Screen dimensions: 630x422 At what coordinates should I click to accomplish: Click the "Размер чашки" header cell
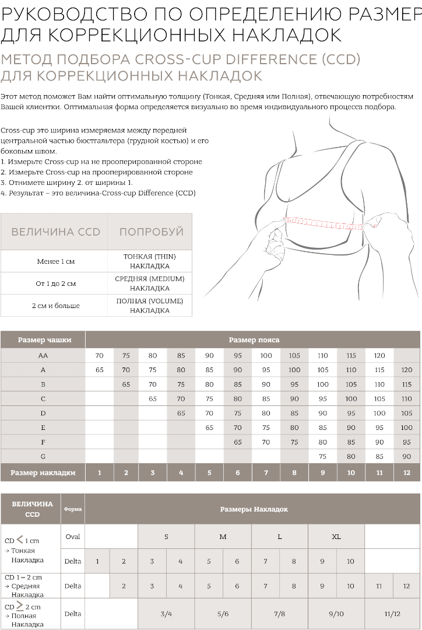click(x=44, y=339)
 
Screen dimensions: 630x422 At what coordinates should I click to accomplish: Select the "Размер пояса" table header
click(x=254, y=339)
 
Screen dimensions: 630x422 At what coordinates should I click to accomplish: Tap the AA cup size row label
click(x=43, y=355)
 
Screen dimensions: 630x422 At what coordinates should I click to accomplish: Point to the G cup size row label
click(x=43, y=456)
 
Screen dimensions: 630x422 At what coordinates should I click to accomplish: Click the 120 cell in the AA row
click(x=379, y=355)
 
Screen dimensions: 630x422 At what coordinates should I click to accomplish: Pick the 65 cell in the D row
click(x=181, y=413)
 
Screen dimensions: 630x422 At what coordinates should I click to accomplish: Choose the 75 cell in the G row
click(x=322, y=456)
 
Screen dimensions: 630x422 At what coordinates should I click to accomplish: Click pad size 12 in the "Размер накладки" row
click(x=407, y=473)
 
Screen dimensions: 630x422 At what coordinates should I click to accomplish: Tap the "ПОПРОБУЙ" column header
click(x=151, y=232)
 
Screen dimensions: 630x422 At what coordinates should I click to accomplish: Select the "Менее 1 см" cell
click(x=55, y=261)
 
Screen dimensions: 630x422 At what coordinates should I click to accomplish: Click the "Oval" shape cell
click(x=73, y=536)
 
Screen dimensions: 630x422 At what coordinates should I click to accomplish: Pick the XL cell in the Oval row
click(x=336, y=536)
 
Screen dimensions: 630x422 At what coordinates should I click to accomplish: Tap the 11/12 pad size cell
click(x=392, y=614)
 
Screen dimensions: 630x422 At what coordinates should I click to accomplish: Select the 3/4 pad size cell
click(x=166, y=614)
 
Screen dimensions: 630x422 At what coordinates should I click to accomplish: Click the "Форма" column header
click(x=73, y=509)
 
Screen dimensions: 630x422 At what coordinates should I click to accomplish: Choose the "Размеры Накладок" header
click(x=254, y=509)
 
